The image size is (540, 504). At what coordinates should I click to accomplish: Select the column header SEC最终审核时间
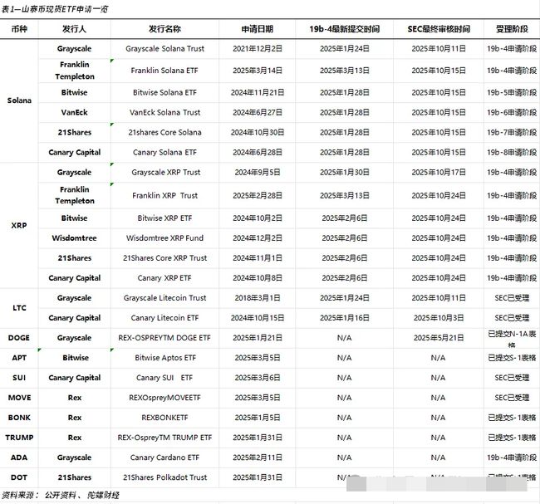click(438, 29)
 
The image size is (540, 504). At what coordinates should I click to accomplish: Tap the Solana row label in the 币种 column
click(19, 100)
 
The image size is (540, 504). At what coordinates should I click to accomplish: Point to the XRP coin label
click(19, 225)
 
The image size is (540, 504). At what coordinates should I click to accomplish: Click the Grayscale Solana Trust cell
click(164, 49)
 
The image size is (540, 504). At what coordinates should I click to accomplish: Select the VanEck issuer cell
click(75, 112)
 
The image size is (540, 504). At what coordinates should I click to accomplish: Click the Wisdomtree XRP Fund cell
click(164, 238)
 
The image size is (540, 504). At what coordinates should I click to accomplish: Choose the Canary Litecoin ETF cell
click(164, 318)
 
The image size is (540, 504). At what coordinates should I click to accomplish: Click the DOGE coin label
click(19, 338)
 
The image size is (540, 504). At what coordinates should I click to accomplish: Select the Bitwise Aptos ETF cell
click(164, 358)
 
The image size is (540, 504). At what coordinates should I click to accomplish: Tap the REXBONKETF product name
click(164, 418)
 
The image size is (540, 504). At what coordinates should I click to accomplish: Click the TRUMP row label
click(19, 438)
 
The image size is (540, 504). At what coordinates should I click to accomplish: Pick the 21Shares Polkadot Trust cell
click(164, 477)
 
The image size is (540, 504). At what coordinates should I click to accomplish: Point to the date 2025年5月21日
click(438, 338)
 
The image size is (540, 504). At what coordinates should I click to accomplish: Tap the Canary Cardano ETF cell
click(164, 458)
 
